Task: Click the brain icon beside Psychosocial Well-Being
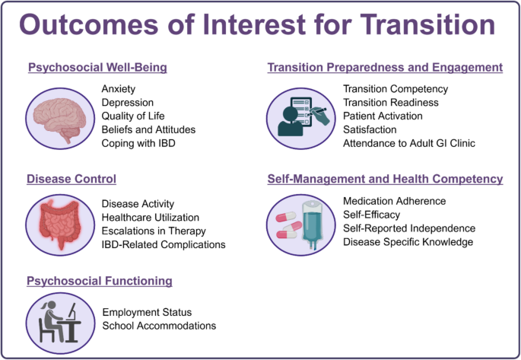click(59, 116)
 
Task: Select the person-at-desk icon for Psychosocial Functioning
click(59, 319)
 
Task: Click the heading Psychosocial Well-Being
click(97, 68)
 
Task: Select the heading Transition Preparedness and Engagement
click(385, 68)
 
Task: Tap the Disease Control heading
click(71, 180)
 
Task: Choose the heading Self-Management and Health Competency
click(385, 180)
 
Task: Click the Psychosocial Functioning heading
click(100, 281)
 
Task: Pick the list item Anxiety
click(119, 89)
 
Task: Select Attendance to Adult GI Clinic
click(409, 144)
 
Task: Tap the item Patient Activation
click(383, 116)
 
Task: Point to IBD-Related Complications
click(164, 245)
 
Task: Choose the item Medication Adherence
click(394, 201)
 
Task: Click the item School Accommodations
click(159, 326)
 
